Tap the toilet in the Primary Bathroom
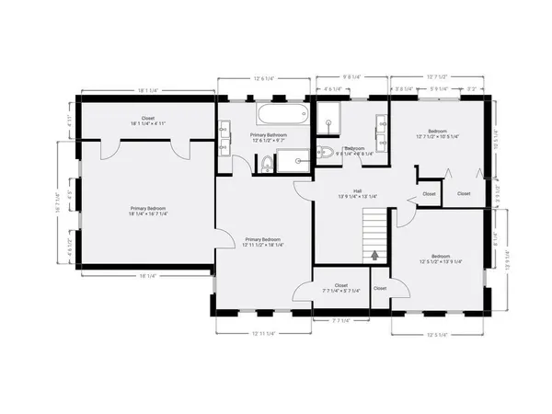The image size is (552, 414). [266, 164]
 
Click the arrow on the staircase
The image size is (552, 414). [375, 254]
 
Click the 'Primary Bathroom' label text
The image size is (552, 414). [269, 135]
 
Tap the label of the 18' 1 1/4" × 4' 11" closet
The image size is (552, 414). [147, 121]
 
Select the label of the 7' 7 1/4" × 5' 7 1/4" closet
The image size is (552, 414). [341, 287]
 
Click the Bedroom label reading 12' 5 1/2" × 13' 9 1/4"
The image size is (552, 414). [440, 259]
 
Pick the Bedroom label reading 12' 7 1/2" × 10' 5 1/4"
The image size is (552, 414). [437, 133]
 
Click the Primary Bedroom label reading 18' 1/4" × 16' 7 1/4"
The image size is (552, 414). [147, 211]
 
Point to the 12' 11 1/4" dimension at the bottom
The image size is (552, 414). [264, 332]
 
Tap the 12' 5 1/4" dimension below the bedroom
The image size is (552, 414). [439, 334]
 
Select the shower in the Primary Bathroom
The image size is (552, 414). [295, 163]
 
